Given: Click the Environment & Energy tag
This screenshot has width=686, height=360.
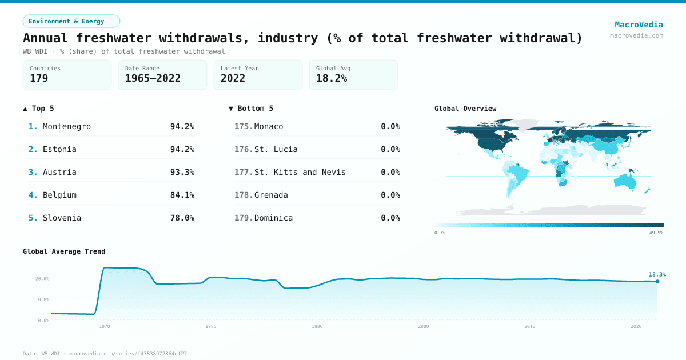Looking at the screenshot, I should tap(71, 21).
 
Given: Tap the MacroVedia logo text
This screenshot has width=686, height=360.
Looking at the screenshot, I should tap(639, 25).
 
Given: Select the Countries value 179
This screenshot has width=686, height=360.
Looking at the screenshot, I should tap(39, 78).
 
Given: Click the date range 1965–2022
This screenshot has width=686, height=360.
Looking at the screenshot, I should tap(153, 78).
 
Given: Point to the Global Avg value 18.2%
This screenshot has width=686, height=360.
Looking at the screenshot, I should tap(332, 78).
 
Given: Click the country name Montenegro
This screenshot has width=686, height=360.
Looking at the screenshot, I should tap(67, 126).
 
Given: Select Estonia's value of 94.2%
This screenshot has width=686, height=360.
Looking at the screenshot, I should tap(182, 149).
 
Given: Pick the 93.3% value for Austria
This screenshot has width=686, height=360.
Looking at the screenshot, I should tap(182, 172).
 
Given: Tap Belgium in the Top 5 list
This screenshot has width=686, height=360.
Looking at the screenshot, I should tap(59, 195).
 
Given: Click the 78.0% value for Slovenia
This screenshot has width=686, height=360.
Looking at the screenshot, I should tap(182, 218).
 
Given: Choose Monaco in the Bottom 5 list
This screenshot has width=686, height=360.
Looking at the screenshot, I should tap(269, 126).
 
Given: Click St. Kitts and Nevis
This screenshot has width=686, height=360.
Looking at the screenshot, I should tap(300, 172).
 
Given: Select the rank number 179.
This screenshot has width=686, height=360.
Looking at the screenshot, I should tap(243, 218).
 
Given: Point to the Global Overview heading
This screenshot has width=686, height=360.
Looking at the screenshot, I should tap(465, 109).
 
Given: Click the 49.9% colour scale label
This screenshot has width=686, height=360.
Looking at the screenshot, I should tap(656, 233).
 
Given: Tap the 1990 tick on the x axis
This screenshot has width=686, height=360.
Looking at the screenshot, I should tap(317, 326).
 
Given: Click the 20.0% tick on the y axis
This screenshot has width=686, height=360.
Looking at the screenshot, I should tap(42, 279).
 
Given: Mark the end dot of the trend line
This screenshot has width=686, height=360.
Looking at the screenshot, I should tap(657, 281).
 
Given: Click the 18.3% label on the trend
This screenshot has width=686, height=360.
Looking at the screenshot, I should tap(657, 274).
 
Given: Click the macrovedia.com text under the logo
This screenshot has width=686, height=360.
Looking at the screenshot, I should tap(636, 35).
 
